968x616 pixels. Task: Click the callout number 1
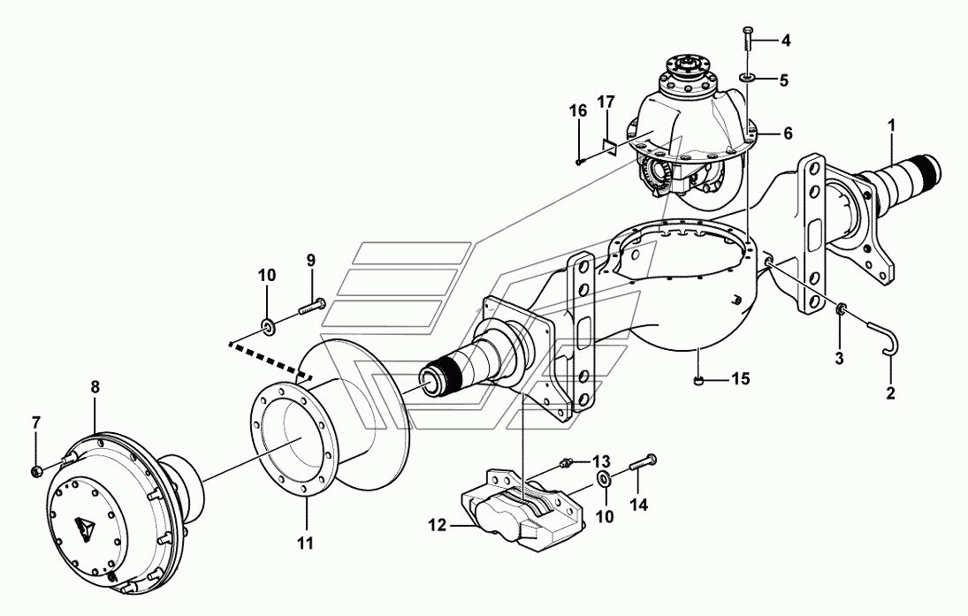click(891, 125)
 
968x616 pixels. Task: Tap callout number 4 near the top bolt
click(786, 41)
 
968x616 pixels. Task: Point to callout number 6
click(788, 133)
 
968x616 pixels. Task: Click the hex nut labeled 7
click(36, 472)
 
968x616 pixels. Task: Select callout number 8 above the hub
click(95, 388)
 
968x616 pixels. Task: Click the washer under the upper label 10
click(269, 324)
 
